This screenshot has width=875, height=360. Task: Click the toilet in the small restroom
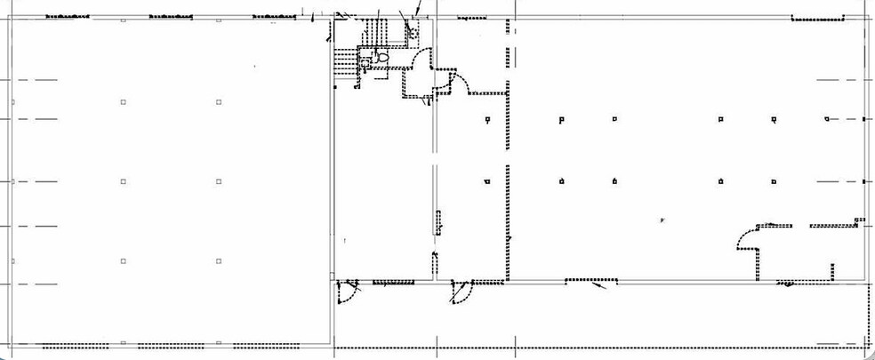383,57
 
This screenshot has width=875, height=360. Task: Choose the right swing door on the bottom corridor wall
460,292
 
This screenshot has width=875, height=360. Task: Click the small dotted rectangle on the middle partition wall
437,222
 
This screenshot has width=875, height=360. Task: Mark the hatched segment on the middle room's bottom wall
393,283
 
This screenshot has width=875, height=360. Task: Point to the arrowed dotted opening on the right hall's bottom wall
587,283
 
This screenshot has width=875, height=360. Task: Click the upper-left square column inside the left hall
123,103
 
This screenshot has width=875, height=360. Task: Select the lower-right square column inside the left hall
218,260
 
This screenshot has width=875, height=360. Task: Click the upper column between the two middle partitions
486,119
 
